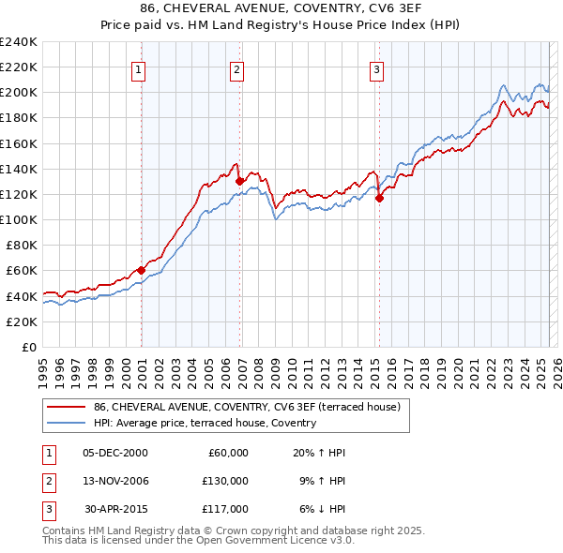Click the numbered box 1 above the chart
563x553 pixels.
(x=138, y=68)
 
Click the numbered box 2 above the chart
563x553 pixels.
(x=236, y=68)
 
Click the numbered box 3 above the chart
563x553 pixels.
(x=376, y=68)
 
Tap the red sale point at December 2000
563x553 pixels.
(x=142, y=270)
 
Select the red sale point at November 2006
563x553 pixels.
(x=240, y=181)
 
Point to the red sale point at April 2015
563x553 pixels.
(x=380, y=198)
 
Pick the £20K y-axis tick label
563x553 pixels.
(x=22, y=321)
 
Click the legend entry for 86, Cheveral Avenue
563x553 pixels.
(x=247, y=406)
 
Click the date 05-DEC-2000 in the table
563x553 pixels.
(x=115, y=453)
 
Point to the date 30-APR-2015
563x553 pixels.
(x=115, y=509)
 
